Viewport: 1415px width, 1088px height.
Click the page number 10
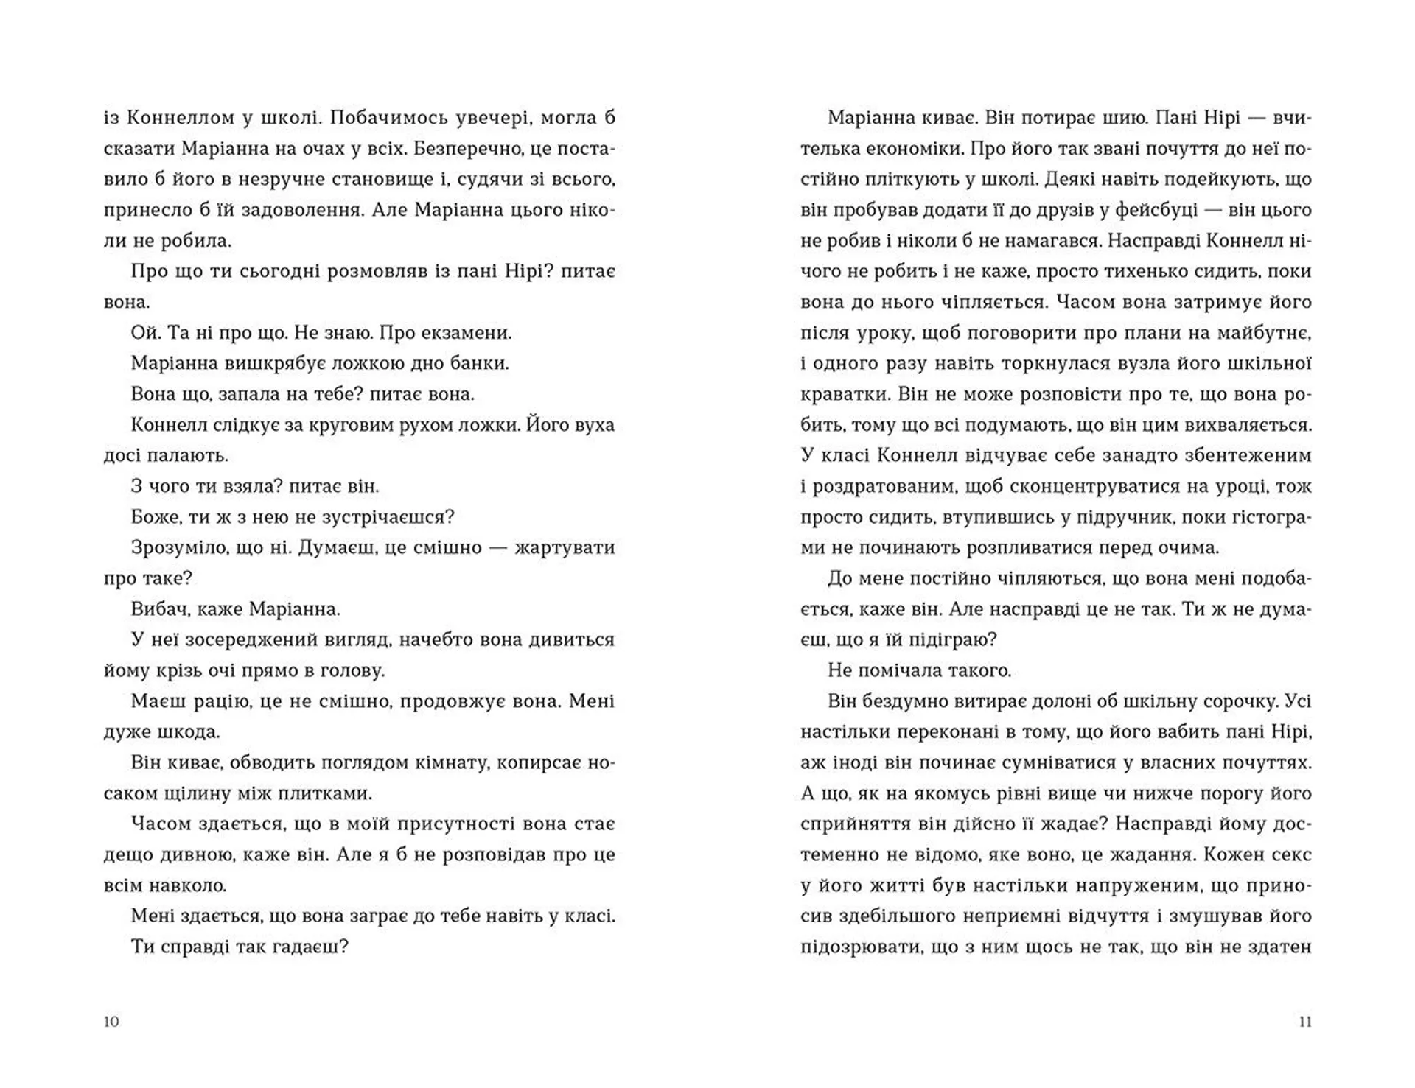(111, 1022)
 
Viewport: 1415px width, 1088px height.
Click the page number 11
(1304, 1022)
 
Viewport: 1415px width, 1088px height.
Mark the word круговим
(333, 425)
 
